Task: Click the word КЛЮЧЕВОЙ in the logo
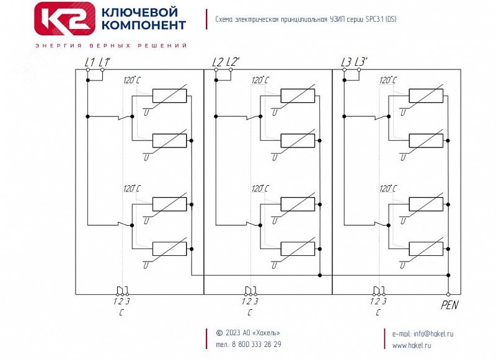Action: point(139,12)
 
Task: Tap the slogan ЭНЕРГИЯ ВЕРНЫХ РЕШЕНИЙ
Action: point(112,46)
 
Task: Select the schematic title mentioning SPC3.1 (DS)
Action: point(306,19)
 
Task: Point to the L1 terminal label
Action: point(89,62)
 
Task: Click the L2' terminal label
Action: point(233,62)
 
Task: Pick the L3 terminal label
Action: point(346,62)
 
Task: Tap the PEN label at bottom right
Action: point(449,305)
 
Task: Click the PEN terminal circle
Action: point(448,294)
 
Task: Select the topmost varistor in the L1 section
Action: point(169,96)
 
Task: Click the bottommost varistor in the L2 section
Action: point(298,248)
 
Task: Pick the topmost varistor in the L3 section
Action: point(426,96)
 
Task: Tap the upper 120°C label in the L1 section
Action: point(131,81)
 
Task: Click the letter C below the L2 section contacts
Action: point(249,313)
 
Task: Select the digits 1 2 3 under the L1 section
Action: point(121,302)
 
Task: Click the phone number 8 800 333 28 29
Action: point(256,345)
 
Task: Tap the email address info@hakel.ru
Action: point(430,333)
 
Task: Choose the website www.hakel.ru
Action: point(412,345)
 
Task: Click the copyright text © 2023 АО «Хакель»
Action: point(248,333)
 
